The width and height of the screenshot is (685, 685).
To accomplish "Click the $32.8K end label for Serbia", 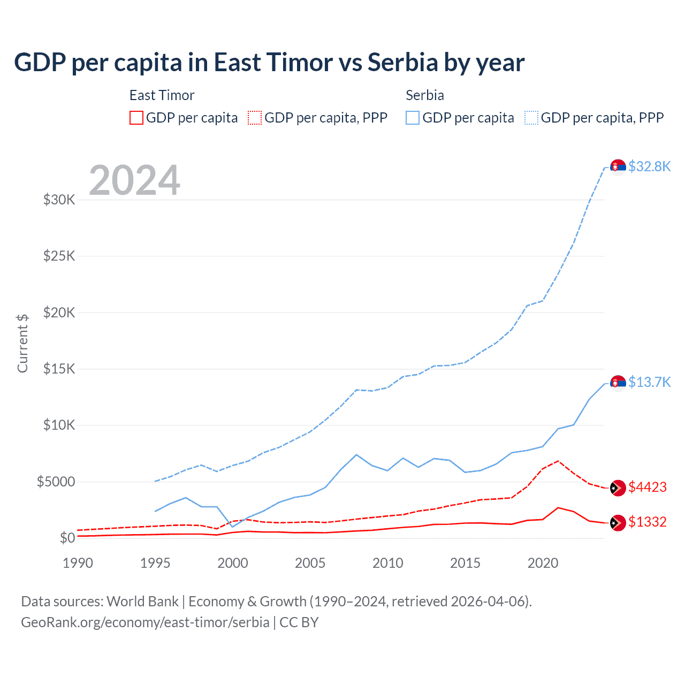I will click(x=649, y=166).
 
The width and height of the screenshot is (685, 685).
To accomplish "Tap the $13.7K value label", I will click(x=649, y=382).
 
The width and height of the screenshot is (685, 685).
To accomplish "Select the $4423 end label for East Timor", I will click(x=648, y=487).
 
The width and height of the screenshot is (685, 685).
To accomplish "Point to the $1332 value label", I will click(x=648, y=522).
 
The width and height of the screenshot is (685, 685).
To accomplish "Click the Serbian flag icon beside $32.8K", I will click(x=618, y=168).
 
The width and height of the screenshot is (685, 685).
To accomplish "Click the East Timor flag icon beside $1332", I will click(x=618, y=523).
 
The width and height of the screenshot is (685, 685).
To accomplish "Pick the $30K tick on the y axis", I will click(x=59, y=200).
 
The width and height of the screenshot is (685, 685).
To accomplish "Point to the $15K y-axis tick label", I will click(x=59, y=369).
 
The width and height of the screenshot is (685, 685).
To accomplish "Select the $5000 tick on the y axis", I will click(x=56, y=482).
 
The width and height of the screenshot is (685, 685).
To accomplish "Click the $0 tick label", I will click(x=67, y=538).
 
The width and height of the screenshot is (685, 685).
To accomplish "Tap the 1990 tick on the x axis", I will click(x=78, y=563).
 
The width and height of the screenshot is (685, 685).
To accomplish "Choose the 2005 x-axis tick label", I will click(x=310, y=563).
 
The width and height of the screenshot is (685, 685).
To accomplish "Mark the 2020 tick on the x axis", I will click(x=543, y=563).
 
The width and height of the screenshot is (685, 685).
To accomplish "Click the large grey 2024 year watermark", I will click(x=134, y=180).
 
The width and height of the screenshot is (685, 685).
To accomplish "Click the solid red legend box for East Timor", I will click(x=136, y=118).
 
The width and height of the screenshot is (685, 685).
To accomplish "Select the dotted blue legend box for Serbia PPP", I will click(x=531, y=118).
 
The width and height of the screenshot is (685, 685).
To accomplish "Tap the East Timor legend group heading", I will click(x=162, y=95).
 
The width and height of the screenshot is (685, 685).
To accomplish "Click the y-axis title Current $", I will click(x=22, y=343).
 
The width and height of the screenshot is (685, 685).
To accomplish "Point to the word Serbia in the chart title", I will click(x=403, y=63).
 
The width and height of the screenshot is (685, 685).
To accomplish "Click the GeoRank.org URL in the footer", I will click(x=145, y=622).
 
